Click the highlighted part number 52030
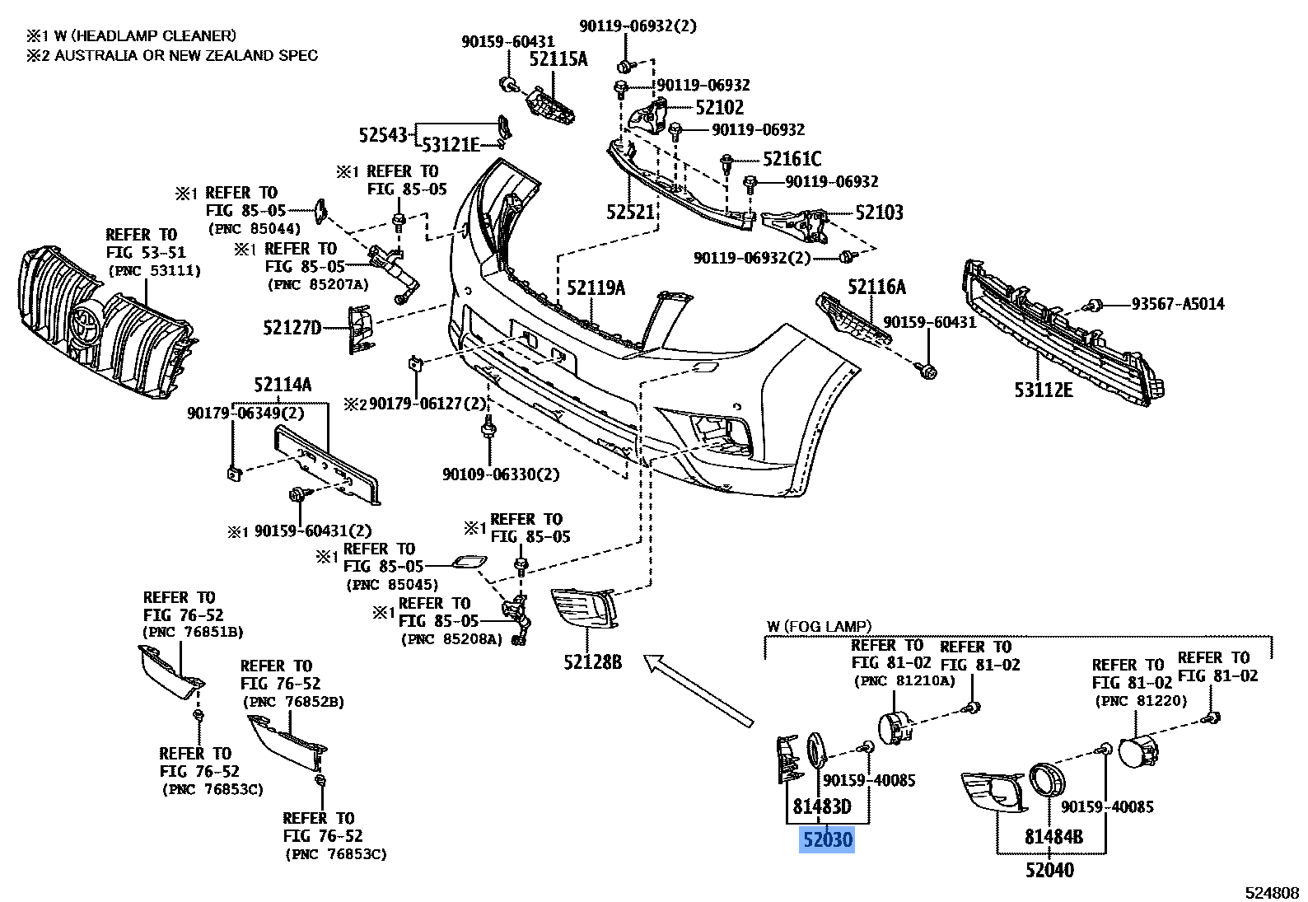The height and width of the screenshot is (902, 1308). point(827,841)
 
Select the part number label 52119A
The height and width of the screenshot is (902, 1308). point(596,287)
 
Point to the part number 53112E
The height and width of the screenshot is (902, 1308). point(1044,390)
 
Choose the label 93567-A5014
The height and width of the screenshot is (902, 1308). point(1178,304)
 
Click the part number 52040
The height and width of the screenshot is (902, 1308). point(1049,869)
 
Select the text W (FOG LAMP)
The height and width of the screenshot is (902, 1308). point(819,627)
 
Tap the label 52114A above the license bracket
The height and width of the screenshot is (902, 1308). point(283,384)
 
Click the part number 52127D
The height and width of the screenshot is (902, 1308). point(292,328)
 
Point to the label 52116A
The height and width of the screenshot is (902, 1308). point(876,287)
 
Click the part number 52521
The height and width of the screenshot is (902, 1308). point(630,213)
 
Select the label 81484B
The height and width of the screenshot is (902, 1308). point(1053,838)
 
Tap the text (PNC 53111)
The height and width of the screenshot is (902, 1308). point(154,270)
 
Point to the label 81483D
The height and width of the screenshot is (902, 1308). point(821,807)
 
